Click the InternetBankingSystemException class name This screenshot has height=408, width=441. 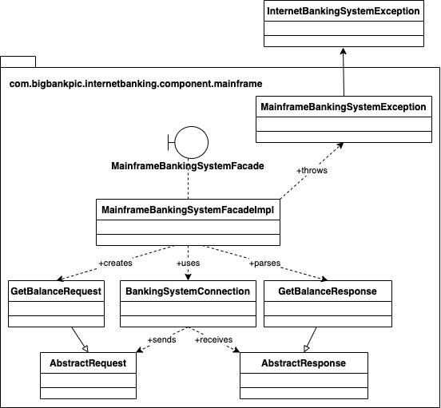pyautogui.click(x=343, y=12)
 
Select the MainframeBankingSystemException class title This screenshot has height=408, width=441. pyautogui.click(x=343, y=106)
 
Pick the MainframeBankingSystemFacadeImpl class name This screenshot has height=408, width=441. pyautogui.click(x=188, y=208)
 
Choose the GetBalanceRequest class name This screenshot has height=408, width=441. pyautogui.click(x=57, y=291)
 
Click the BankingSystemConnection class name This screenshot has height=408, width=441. pyautogui.click(x=188, y=291)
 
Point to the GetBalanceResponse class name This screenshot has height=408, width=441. pyautogui.click(x=327, y=291)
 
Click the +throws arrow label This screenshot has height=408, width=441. pyautogui.click(x=311, y=170)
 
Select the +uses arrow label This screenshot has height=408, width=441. pyautogui.click(x=188, y=263)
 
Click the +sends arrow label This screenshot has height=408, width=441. pyautogui.click(x=162, y=339)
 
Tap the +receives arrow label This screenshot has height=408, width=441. pyautogui.click(x=213, y=339)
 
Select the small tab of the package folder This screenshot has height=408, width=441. pyautogui.click(x=18, y=61)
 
